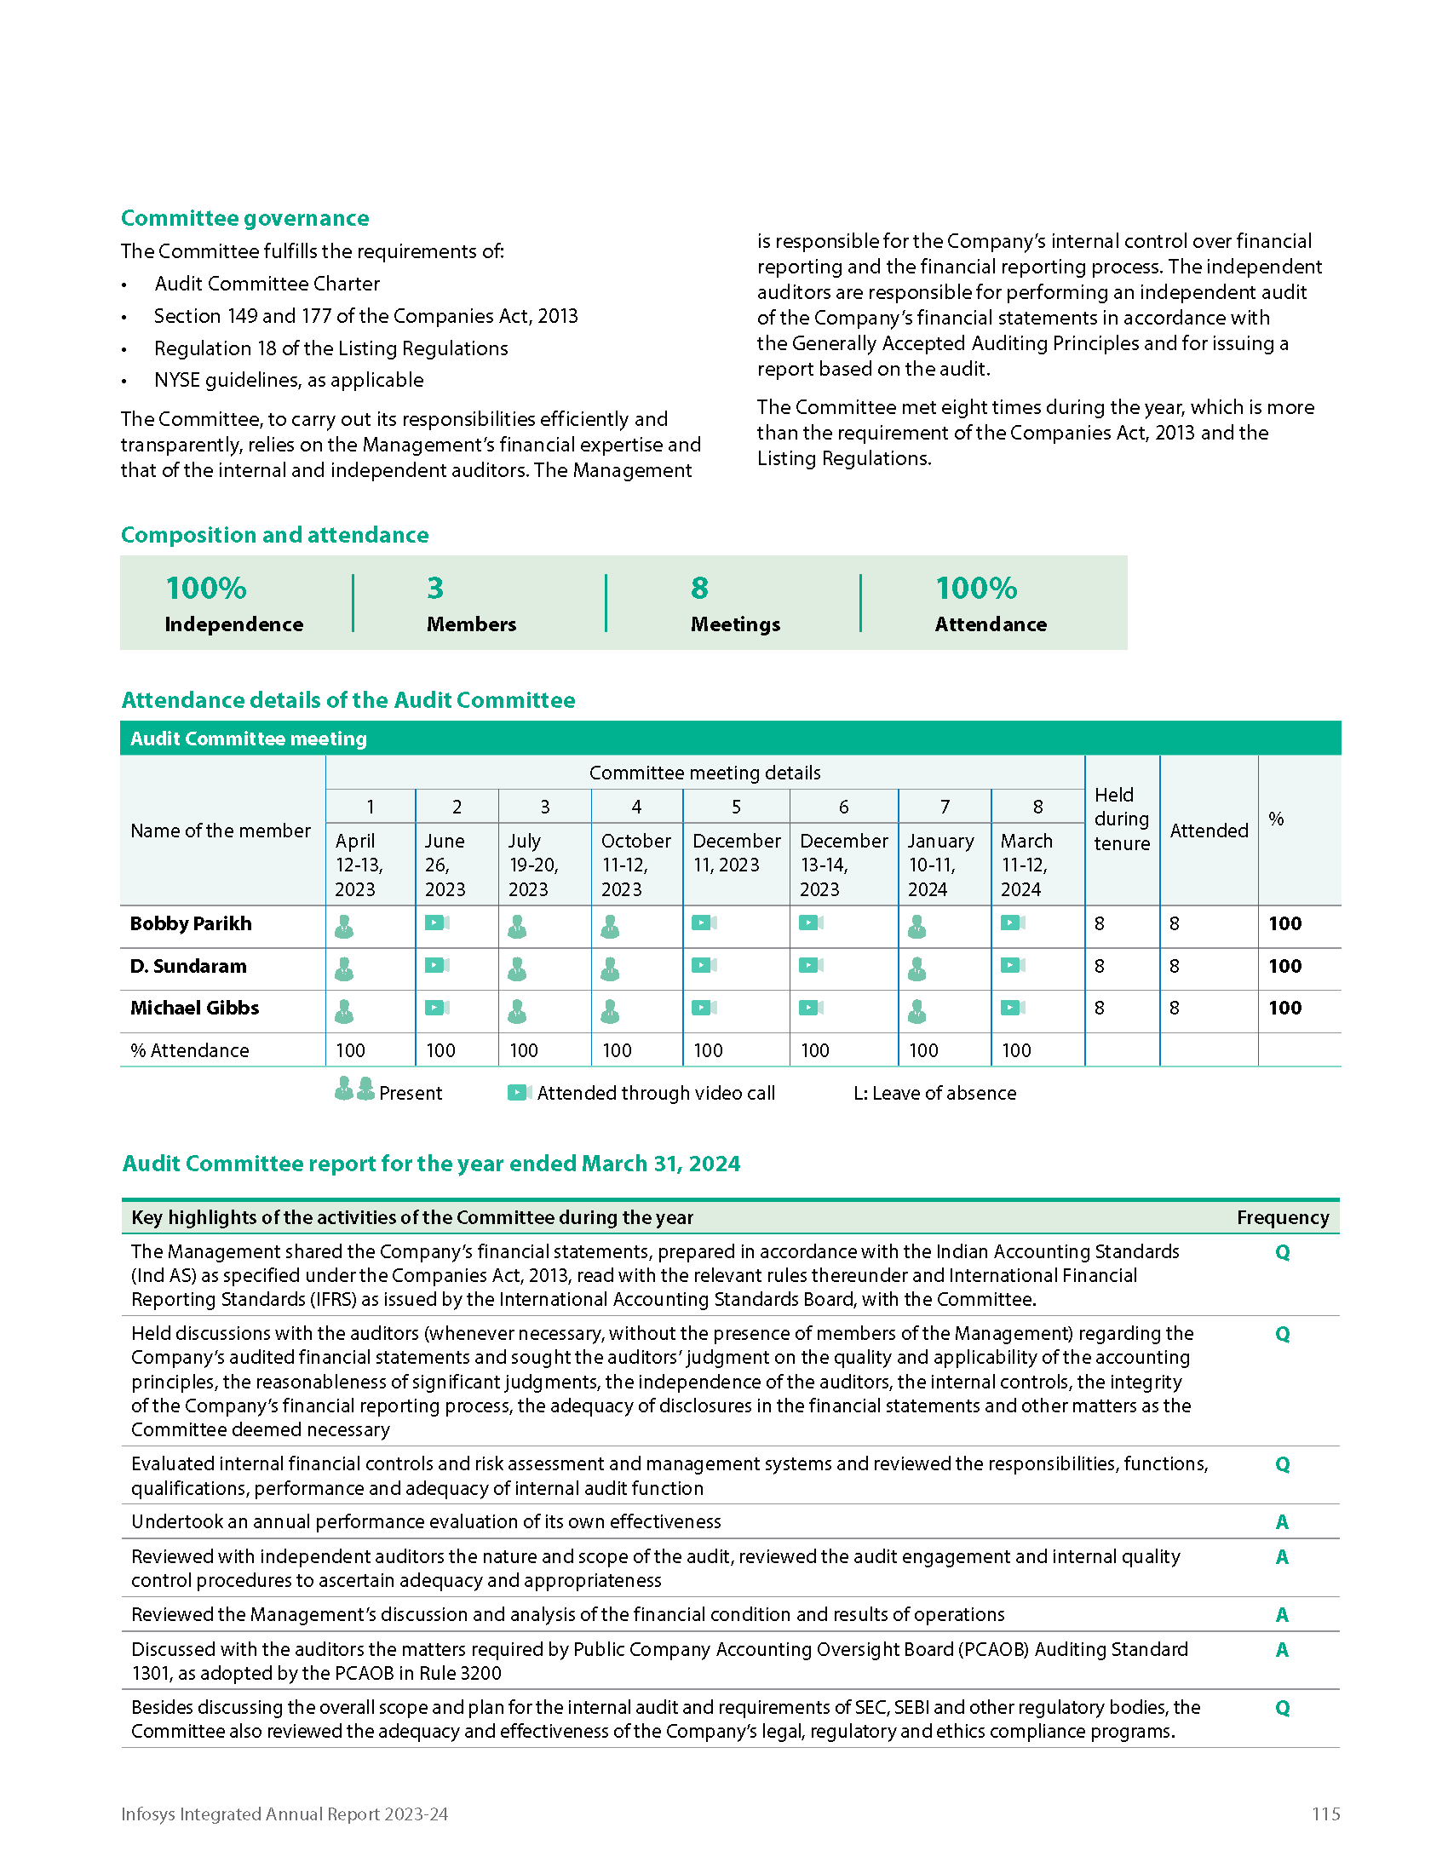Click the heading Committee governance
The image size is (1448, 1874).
[244, 218]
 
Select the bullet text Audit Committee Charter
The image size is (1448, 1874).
[267, 284]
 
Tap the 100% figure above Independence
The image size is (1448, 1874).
[206, 589]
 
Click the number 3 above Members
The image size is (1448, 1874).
[435, 589]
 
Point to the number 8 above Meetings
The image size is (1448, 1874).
[699, 589]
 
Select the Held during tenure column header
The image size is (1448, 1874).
[1121, 819]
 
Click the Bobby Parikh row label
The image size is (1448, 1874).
[191, 924]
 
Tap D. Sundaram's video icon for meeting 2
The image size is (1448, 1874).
[437, 966]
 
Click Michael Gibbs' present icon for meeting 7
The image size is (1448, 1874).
[917, 1011]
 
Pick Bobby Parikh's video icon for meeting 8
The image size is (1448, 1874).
[1012, 923]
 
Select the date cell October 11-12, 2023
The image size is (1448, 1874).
[635, 865]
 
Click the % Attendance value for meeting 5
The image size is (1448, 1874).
[708, 1050]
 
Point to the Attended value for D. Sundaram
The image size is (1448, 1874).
[1175, 966]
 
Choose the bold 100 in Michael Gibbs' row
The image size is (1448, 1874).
[1284, 1009]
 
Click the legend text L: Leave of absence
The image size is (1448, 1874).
[934, 1093]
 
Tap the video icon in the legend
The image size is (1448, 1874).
[519, 1092]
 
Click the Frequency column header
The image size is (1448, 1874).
[1282, 1217]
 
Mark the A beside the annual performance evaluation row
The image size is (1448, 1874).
[1282, 1522]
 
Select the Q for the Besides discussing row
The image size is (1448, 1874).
[1282, 1708]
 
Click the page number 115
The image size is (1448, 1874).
[1324, 1814]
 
